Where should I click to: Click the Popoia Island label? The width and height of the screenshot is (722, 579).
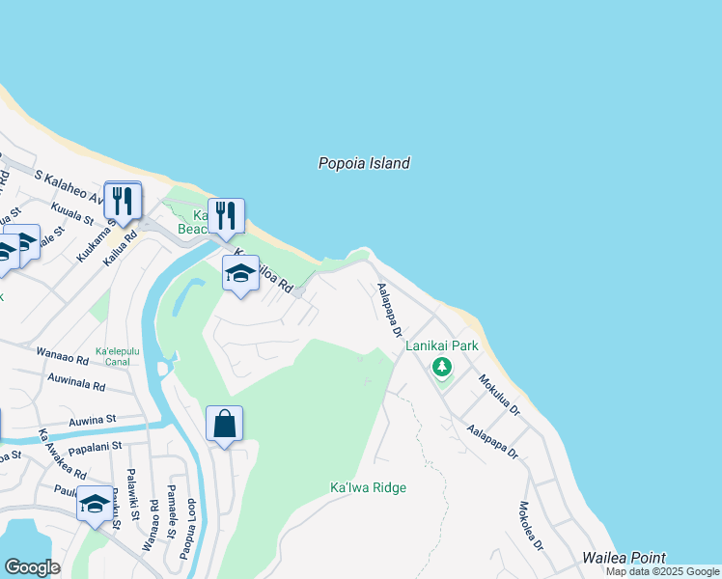point(364,163)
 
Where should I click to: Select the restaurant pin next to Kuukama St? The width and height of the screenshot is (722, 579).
point(123,201)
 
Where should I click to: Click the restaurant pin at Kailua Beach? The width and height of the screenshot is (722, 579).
point(226,216)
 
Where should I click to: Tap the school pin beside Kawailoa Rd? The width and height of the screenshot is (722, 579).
point(240,273)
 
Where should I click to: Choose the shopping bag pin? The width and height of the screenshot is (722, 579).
point(224,424)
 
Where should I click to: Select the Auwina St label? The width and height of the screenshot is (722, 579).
point(92,421)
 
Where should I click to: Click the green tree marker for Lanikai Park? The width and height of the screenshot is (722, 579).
point(442,367)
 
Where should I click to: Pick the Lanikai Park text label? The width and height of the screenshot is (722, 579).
point(442,345)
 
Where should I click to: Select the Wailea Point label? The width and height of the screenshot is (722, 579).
point(624,558)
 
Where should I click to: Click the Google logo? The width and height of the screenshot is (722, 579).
point(31,567)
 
